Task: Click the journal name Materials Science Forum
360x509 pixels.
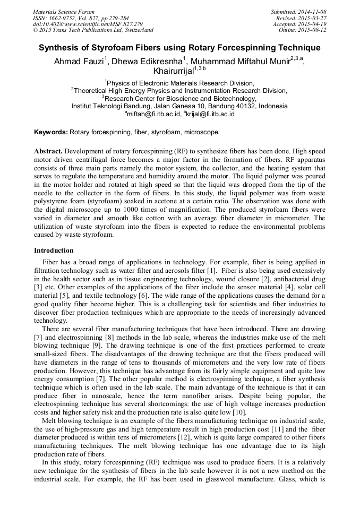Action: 64,12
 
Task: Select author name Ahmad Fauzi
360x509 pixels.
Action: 78,61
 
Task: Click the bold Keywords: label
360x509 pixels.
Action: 51,132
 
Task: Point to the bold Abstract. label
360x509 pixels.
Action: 49,151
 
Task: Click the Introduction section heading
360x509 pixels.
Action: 54,251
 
